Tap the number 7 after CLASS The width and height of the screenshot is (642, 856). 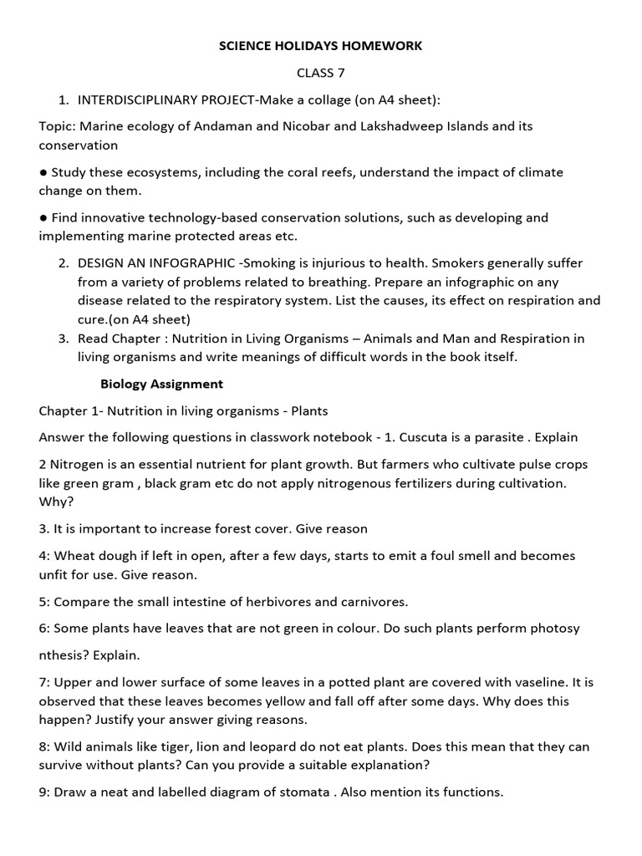[340, 73]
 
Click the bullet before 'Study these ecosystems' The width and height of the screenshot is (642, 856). [43, 172]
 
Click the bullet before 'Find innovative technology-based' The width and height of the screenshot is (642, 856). [43, 217]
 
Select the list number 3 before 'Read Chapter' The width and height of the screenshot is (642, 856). [63, 339]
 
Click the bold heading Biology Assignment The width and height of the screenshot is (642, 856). [161, 385]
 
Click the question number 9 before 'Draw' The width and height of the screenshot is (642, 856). [43, 792]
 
